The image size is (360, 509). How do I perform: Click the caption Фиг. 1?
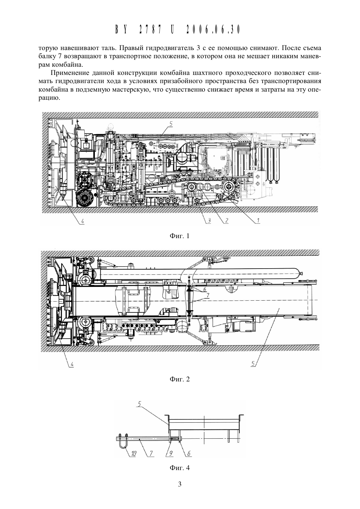(180, 236)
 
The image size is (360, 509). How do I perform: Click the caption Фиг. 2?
(180, 379)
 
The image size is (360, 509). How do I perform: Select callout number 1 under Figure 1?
(258, 220)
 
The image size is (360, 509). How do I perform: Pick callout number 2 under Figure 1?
(226, 220)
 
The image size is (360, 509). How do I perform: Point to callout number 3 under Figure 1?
(209, 220)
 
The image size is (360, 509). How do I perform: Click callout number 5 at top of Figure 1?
(171, 124)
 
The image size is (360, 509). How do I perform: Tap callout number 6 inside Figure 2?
(204, 289)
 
